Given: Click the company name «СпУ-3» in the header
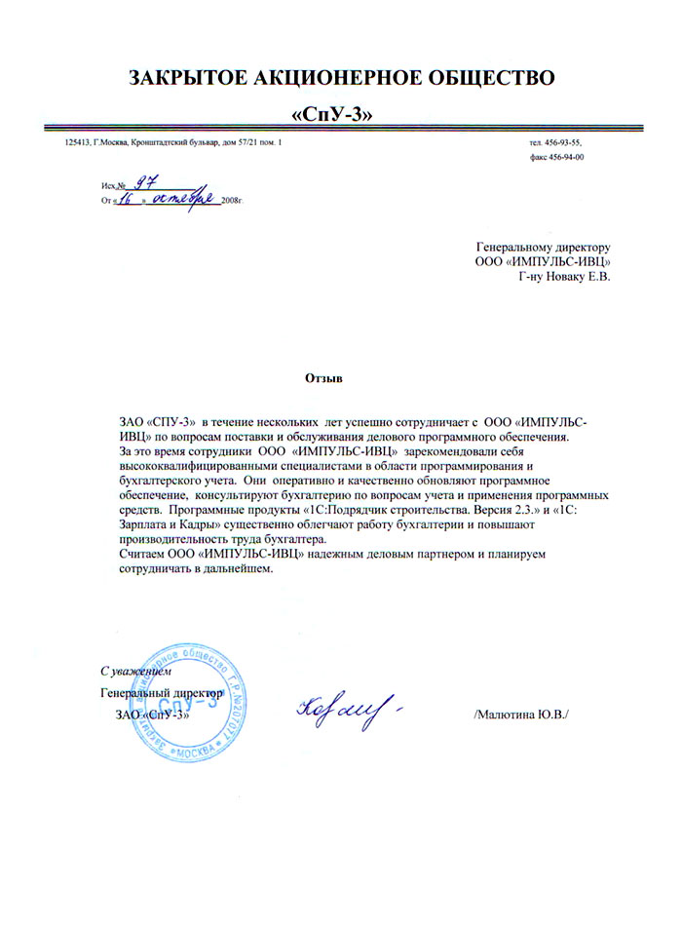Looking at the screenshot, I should [x=333, y=114].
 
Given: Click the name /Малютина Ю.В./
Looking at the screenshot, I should [x=520, y=715].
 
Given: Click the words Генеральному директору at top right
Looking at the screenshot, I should [x=542, y=247].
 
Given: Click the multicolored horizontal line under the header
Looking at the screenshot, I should [x=341, y=130].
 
